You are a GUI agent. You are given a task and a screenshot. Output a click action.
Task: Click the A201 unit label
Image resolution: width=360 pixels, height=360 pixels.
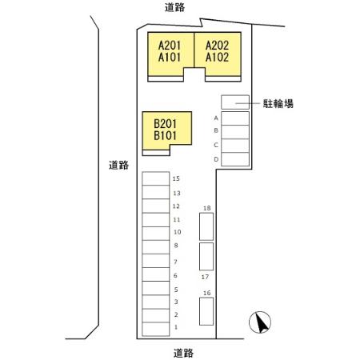click(171, 45)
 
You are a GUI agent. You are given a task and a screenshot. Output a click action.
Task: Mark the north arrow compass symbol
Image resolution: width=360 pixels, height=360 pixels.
click(260, 322)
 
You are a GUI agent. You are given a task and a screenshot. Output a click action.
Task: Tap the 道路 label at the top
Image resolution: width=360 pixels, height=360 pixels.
click(174, 7)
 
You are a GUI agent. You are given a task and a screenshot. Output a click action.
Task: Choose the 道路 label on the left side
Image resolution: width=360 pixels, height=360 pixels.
click(118, 166)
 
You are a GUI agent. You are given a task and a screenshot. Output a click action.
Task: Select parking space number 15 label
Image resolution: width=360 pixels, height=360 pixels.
click(176, 179)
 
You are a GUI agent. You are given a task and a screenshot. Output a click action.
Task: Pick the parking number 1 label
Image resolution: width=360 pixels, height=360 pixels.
click(175, 327)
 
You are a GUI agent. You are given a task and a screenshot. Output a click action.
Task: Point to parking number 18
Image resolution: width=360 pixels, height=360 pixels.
click(206, 208)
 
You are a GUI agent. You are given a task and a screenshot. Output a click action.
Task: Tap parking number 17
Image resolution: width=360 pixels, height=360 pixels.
click(205, 277)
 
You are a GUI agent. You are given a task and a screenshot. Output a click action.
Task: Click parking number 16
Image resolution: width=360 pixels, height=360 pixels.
click(206, 294)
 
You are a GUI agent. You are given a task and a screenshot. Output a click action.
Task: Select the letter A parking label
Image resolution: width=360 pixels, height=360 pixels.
click(216, 117)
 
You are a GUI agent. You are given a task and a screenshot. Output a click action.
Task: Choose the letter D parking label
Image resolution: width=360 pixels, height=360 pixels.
click(216, 159)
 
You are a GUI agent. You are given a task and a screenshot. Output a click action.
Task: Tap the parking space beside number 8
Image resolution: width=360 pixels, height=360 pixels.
click(156, 246)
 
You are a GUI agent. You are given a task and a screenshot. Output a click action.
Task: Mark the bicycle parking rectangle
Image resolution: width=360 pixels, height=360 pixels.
click(234, 102)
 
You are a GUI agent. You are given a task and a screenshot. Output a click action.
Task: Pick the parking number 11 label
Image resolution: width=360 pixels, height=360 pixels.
click(176, 219)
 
